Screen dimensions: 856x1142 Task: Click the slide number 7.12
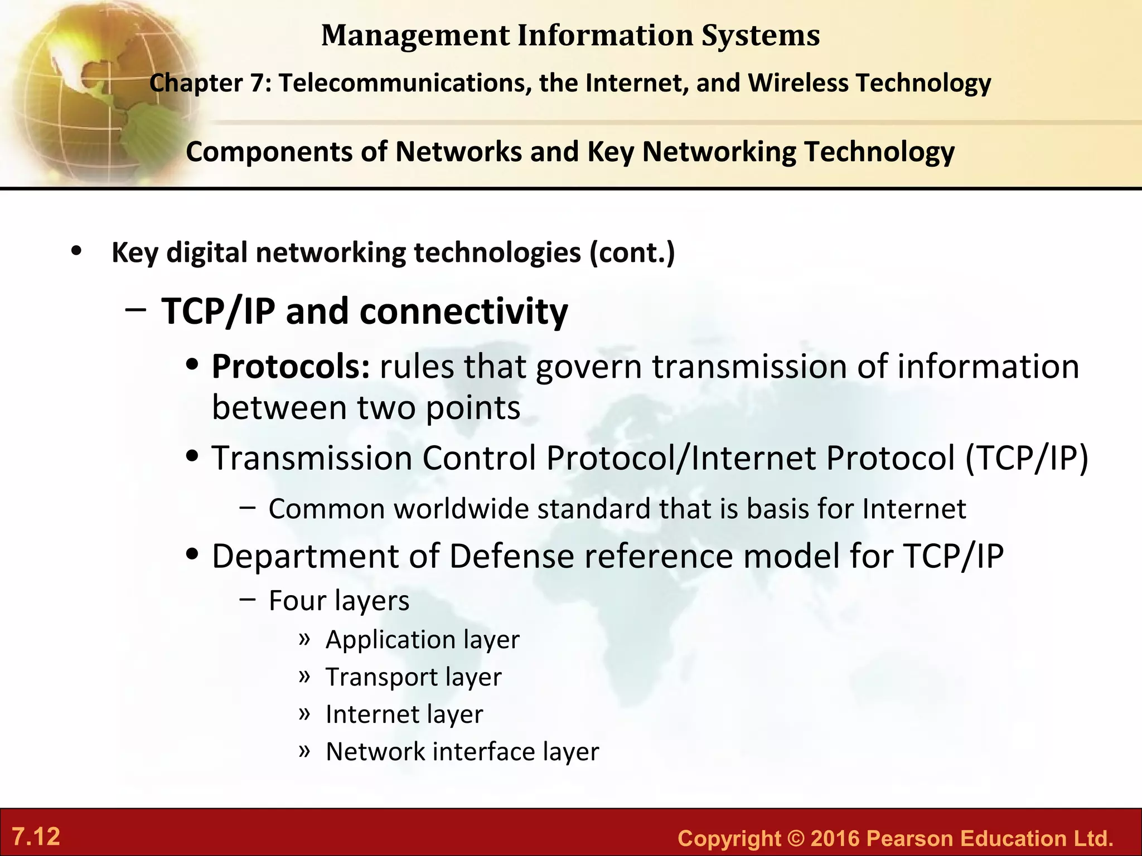pos(36,836)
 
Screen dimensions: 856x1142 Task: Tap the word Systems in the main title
pos(760,36)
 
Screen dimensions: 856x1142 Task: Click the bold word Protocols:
pos(291,367)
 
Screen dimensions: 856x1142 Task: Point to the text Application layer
pos(422,639)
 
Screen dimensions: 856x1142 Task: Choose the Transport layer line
pos(413,677)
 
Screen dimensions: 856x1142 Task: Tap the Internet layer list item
pos(404,714)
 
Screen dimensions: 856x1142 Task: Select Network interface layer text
pos(462,752)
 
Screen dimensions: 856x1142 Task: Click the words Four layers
pos(338,601)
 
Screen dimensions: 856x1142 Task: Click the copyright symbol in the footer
pos(796,838)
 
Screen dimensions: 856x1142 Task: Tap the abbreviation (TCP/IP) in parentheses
pos(1027,458)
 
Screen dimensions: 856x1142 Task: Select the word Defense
pos(511,556)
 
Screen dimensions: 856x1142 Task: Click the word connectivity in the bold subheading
pos(463,311)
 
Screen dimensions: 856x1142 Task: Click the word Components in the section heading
pos(269,152)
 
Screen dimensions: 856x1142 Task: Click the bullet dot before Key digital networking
pos(77,251)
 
